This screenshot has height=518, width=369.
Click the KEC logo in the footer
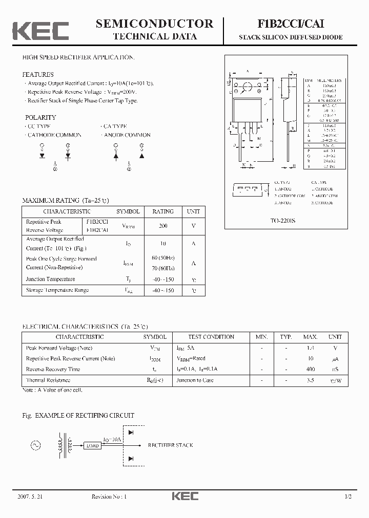pyautogui.click(x=184, y=496)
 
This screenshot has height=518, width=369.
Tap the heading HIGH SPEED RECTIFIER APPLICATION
pyautogui.click(x=78, y=57)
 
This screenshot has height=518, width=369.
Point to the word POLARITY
pyautogui.click(x=40, y=117)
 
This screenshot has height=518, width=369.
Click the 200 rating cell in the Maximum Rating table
pyautogui.click(x=163, y=226)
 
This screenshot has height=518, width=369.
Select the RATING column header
pyautogui.click(x=163, y=211)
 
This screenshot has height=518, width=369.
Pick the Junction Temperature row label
pyautogui.click(x=50, y=279)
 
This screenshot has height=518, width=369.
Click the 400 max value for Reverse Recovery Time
pyautogui.click(x=310, y=369)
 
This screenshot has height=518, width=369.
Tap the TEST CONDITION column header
pyautogui.click(x=212, y=337)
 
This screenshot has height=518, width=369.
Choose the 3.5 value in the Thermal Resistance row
pyautogui.click(x=310, y=380)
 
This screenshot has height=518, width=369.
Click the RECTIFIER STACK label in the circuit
pyautogui.click(x=170, y=445)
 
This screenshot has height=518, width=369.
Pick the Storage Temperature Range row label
pyautogui.click(x=57, y=290)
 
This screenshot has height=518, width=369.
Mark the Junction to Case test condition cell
pyautogui.click(x=195, y=380)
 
